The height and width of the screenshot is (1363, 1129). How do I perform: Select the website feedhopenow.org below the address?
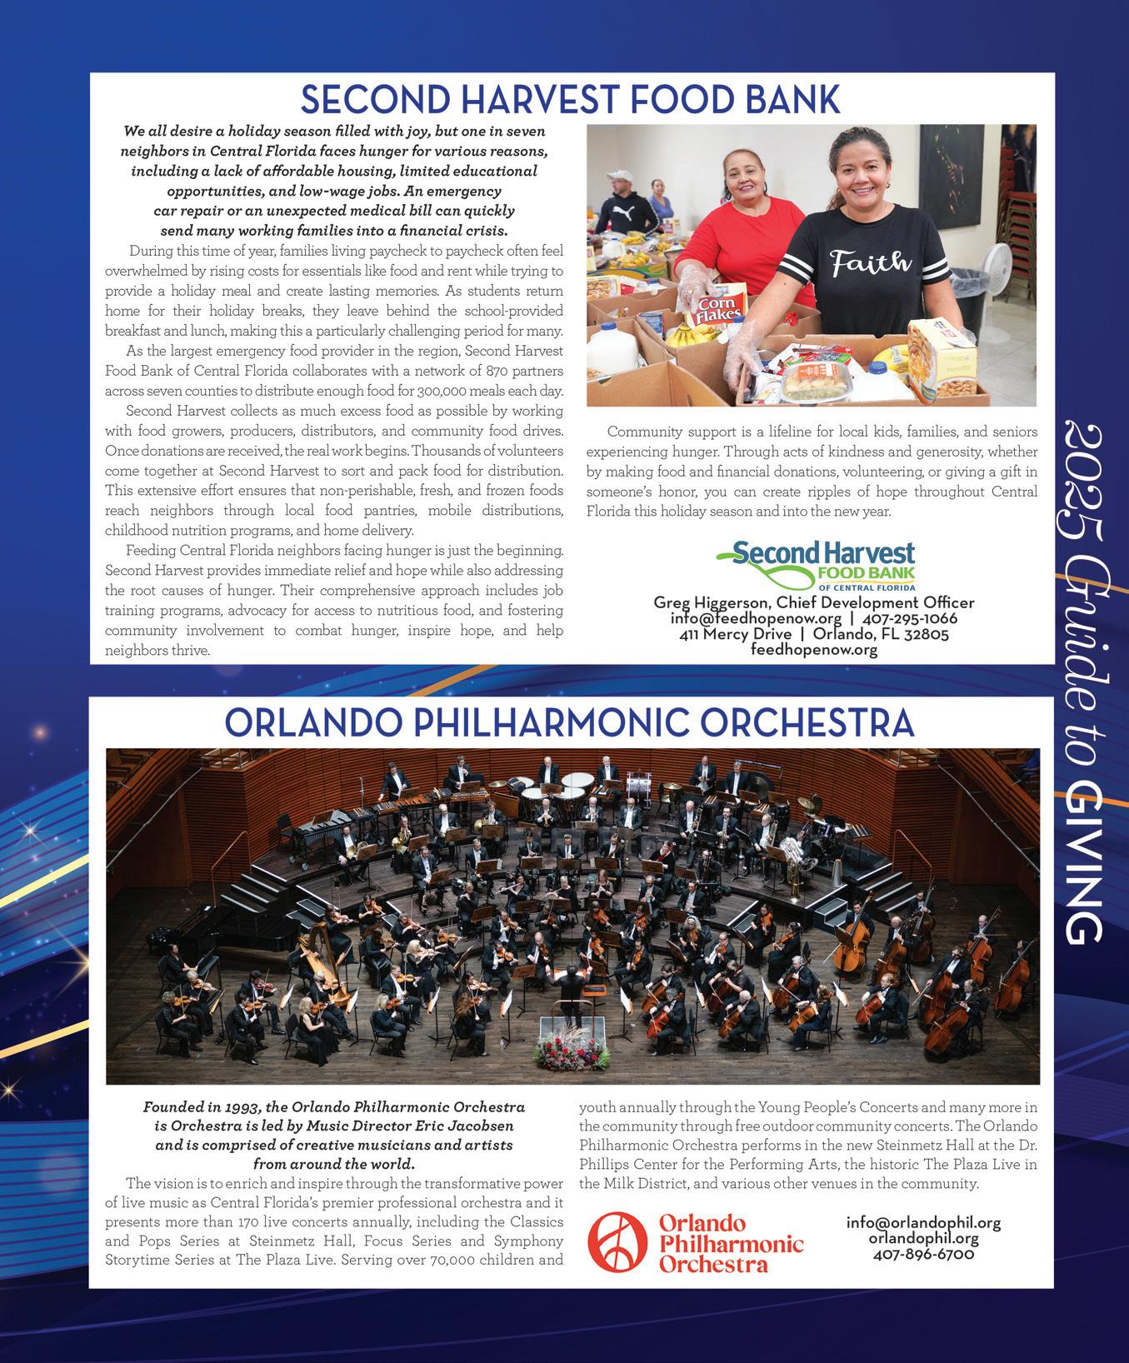[x=813, y=649]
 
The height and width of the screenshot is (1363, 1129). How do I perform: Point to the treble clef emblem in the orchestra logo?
[x=617, y=1246]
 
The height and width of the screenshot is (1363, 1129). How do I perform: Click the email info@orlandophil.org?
[x=923, y=1223]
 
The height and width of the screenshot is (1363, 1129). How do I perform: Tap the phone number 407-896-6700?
[x=923, y=1253]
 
